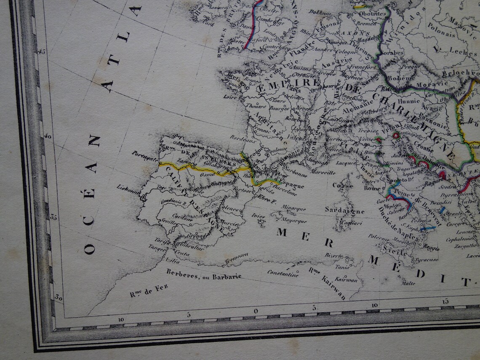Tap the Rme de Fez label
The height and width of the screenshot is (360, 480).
pos(149,291)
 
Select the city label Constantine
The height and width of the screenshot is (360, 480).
pos(283,273)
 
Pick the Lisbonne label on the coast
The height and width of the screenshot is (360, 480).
pos(128,189)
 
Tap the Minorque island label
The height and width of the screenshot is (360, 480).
pos(294,208)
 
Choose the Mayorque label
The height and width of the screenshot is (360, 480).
pos(294,220)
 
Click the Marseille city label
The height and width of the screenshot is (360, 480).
pos(323,172)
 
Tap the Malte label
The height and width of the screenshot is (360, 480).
pos(408,283)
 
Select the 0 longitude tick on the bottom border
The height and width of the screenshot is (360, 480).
pos(256,311)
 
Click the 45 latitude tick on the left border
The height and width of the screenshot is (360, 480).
pos(42,51)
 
